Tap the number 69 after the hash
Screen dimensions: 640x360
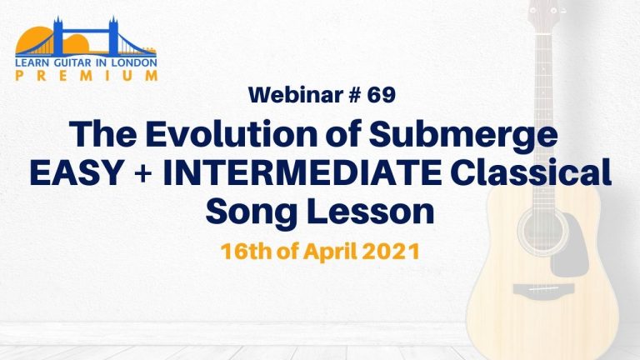(x=381, y=95)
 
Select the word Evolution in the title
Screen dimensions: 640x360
(x=232, y=134)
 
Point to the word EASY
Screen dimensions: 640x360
(x=77, y=172)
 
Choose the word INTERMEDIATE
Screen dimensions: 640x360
(x=302, y=172)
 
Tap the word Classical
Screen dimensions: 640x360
(x=532, y=172)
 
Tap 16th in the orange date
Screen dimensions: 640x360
(x=246, y=252)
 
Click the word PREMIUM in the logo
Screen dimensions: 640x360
(x=87, y=76)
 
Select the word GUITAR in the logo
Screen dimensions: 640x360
(x=74, y=62)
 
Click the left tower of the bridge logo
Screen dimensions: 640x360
(x=58, y=37)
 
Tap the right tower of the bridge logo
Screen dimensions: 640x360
(x=113, y=37)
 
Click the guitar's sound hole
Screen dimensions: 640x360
(x=542, y=231)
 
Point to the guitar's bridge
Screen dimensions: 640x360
(x=543, y=289)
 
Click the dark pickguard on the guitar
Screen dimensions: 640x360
(x=572, y=245)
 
